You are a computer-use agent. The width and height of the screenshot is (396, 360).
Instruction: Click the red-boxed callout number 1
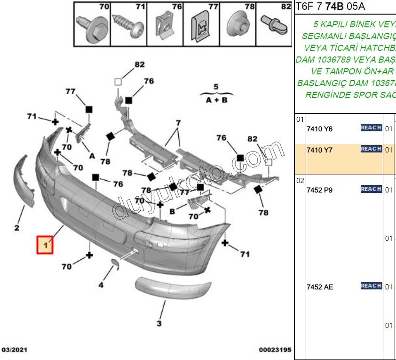[x=46, y=245]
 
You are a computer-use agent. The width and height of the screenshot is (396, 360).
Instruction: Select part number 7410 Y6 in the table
[x=319, y=129]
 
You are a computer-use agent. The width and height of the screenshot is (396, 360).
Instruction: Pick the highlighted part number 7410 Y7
[x=319, y=150]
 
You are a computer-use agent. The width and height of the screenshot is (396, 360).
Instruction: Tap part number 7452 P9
[x=319, y=190]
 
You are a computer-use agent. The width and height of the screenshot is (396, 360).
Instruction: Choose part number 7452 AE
[x=320, y=287]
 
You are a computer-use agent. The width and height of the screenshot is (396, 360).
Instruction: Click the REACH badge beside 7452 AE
[x=371, y=286]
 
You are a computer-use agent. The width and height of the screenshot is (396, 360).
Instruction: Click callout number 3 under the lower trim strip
[x=159, y=323]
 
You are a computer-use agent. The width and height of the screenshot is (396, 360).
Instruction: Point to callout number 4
[x=101, y=284]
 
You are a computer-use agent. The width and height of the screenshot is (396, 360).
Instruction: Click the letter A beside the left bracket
[x=92, y=156]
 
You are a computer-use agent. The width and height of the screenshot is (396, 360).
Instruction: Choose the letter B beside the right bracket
[x=172, y=211]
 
